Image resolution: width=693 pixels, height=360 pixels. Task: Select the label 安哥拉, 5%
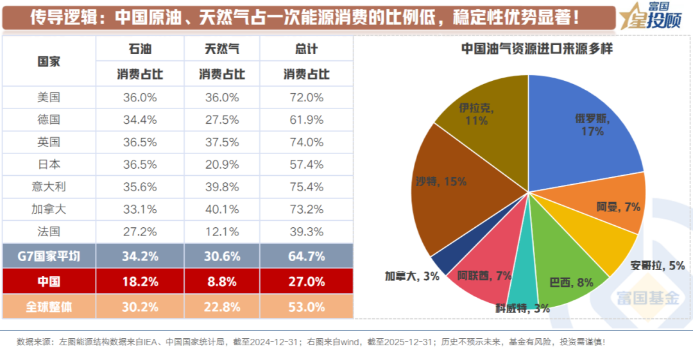(657, 265)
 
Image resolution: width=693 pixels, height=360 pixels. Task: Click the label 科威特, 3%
(522, 308)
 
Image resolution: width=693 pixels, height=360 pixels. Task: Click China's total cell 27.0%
(306, 281)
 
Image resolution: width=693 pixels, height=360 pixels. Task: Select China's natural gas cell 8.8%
(223, 281)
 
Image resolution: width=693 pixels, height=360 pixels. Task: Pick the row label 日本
(49, 164)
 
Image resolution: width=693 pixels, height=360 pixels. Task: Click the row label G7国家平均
(49, 256)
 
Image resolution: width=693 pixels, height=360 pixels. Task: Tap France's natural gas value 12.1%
(223, 231)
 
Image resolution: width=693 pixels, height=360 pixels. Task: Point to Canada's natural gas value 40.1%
(223, 209)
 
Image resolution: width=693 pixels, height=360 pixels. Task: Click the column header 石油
(140, 49)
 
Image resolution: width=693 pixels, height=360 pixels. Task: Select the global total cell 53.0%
(306, 307)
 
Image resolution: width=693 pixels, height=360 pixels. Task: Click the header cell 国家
(49, 62)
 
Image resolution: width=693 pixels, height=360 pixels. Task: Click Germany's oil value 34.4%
(140, 119)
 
